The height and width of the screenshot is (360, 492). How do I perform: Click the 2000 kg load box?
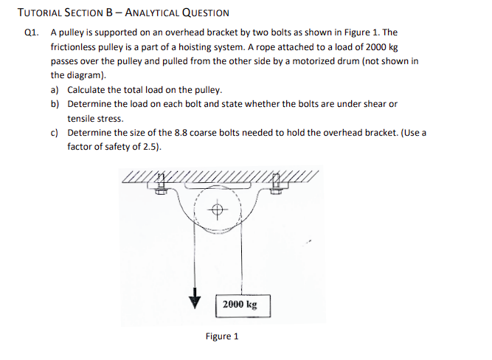click(240, 304)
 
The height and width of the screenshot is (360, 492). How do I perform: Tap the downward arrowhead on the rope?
click(195, 300)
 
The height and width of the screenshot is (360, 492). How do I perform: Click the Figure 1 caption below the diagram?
click(222, 336)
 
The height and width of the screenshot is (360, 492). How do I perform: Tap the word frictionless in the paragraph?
click(75, 46)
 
